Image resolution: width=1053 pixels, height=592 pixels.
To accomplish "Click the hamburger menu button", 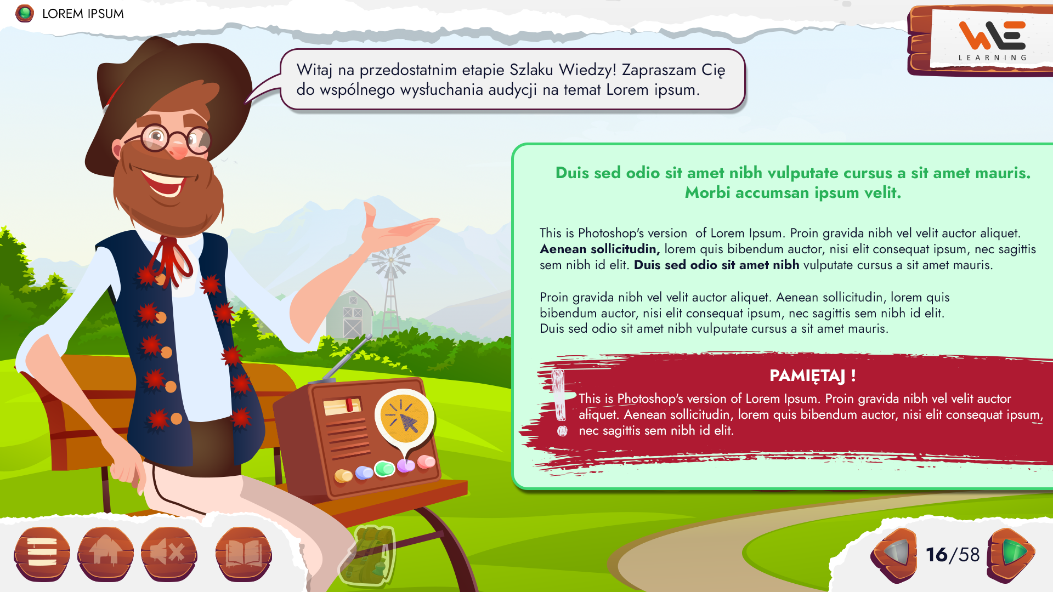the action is click(x=42, y=554).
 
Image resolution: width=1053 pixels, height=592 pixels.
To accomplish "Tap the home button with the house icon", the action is click(x=106, y=554).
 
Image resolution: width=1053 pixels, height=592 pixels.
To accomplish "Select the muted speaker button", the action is click(x=169, y=554).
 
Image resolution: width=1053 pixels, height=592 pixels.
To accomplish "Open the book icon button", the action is click(x=244, y=554).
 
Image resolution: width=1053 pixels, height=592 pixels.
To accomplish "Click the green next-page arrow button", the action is click(x=1011, y=555).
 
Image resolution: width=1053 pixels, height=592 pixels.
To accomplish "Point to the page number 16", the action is click(x=937, y=555).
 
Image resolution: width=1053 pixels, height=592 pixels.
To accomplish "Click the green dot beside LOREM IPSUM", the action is click(x=25, y=13).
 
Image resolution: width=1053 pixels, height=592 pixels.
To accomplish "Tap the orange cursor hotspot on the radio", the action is click(x=405, y=419).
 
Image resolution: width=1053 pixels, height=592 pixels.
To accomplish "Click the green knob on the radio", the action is click(x=384, y=469).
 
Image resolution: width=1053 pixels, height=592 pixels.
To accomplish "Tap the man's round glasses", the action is click(x=175, y=139).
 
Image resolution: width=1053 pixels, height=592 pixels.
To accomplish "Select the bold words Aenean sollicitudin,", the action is click(x=600, y=249).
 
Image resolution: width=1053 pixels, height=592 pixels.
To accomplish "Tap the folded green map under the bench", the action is click(x=367, y=555).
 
